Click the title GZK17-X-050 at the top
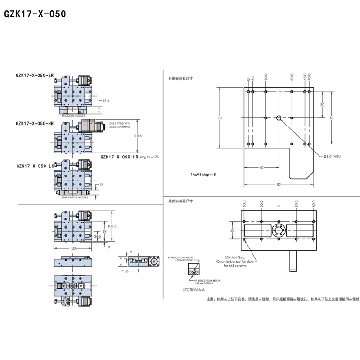[35, 14]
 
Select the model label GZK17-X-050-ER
[34, 76]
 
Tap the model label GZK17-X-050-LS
[35, 166]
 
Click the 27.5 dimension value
[106, 100]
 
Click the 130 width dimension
[73, 248]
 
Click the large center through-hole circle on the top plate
[279, 118]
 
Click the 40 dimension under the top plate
[261, 167]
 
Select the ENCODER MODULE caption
[73, 115]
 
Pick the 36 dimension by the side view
[126, 271]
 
